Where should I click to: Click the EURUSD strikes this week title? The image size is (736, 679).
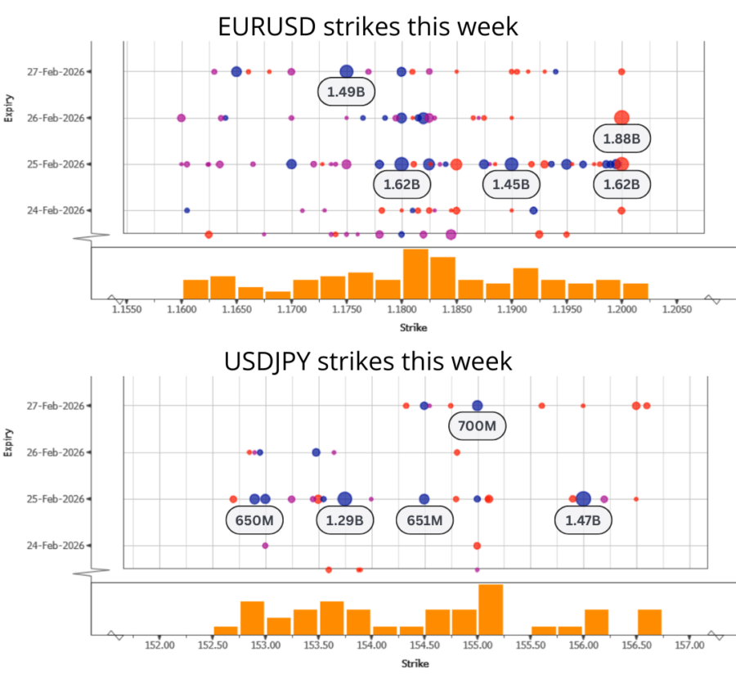click(368, 26)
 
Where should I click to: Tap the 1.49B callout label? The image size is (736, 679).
click(346, 92)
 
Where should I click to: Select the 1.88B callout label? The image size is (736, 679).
click(622, 138)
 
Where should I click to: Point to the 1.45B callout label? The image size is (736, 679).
click(511, 185)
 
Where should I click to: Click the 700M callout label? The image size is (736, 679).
click(478, 425)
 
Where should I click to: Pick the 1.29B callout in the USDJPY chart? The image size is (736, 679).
click(344, 519)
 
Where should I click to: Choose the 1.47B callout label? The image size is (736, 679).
click(583, 519)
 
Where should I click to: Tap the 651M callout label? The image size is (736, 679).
click(424, 519)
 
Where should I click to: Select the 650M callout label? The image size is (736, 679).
click(254, 519)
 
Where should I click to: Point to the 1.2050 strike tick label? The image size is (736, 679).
click(675, 311)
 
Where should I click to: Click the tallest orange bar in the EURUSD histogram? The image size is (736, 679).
click(415, 273)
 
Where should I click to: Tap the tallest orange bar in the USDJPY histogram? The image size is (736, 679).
click(491, 609)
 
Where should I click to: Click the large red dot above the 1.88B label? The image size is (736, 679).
click(622, 118)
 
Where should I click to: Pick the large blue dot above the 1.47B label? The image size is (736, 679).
click(583, 498)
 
